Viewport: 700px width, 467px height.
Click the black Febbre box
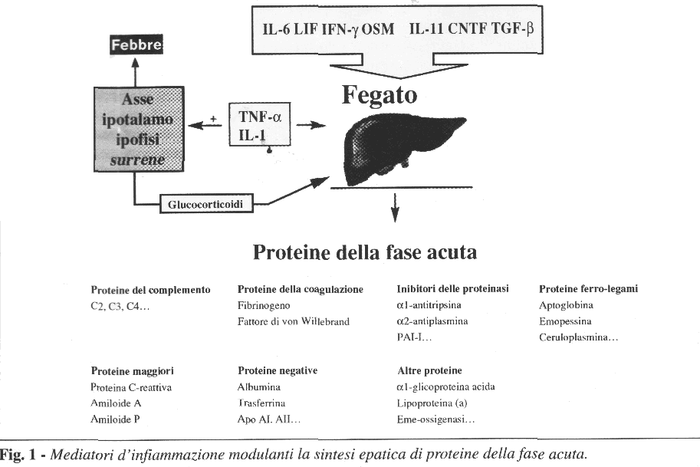(136, 44)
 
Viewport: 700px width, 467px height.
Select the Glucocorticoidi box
(206, 204)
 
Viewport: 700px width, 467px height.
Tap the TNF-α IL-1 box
(259, 124)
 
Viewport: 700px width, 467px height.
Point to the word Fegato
(380, 94)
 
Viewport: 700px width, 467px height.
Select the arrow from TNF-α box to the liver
(311, 126)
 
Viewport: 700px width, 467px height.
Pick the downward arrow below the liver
(395, 208)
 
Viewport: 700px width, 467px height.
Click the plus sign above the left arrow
(213, 119)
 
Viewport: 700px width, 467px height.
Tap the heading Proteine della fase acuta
(365, 252)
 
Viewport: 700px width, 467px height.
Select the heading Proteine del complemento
(150, 290)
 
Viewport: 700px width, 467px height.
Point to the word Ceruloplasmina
(573, 337)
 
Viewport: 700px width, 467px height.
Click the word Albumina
(259, 387)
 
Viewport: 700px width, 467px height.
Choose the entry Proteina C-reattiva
(131, 387)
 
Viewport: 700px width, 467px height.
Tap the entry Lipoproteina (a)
(432, 403)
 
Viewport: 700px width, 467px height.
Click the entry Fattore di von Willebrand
(294, 321)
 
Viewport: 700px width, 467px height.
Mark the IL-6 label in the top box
(276, 29)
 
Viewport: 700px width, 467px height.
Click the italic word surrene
(137, 160)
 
